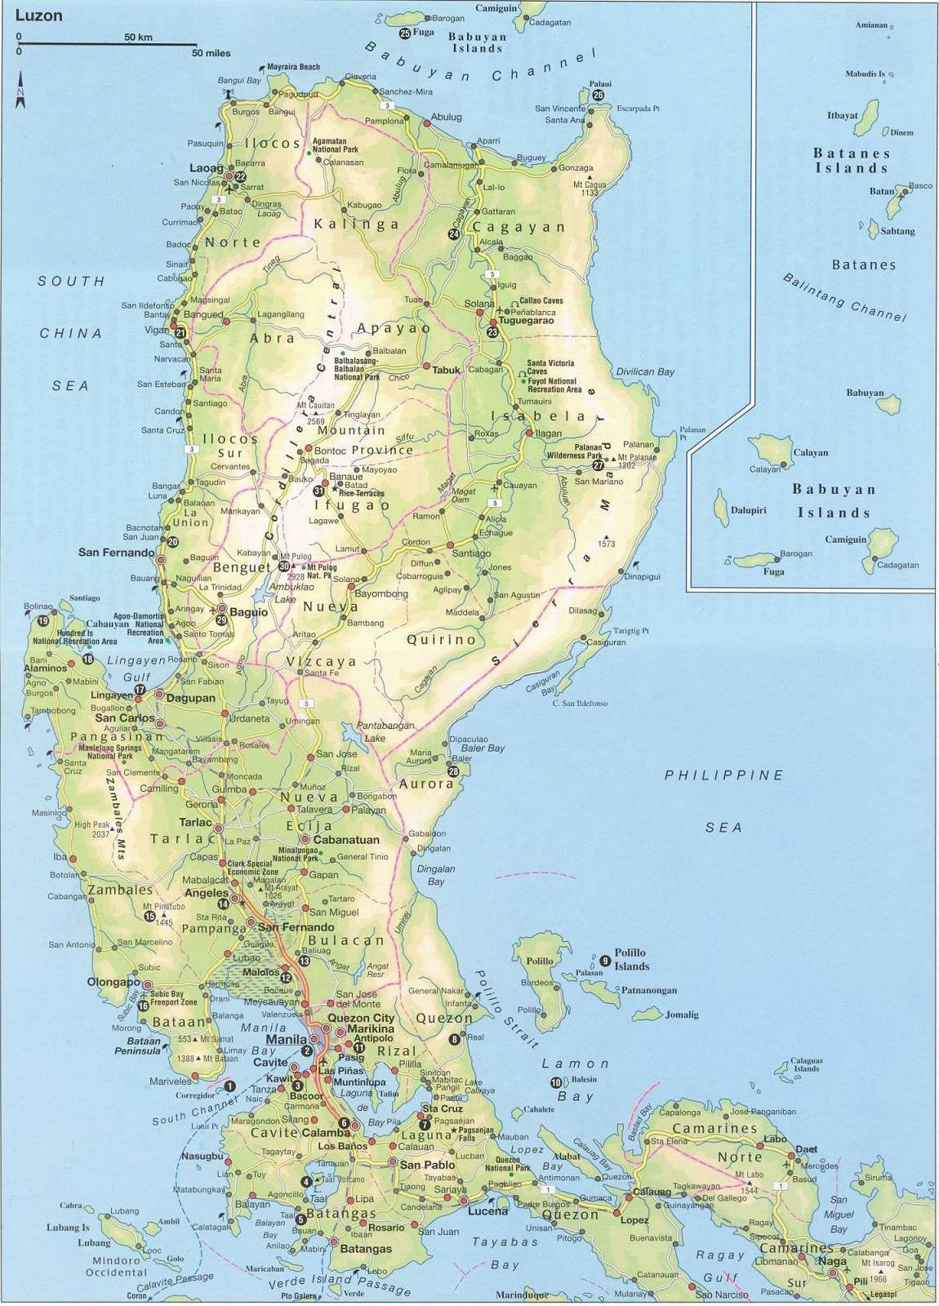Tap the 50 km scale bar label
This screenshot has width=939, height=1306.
[x=139, y=38]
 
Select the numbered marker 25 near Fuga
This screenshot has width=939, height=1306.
[x=405, y=33]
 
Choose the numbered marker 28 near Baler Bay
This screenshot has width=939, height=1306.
[x=453, y=771]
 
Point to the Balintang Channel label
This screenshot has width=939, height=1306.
[x=845, y=297]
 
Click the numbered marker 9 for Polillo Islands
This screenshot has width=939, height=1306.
[x=604, y=960]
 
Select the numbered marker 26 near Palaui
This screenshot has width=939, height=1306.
[x=599, y=96]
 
